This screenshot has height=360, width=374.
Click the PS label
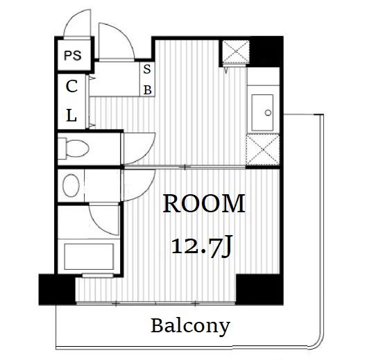[x=73, y=55]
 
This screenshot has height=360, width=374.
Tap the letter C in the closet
[x=71, y=86]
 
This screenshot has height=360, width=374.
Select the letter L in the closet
[x=71, y=115]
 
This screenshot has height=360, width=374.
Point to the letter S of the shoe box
[x=147, y=69]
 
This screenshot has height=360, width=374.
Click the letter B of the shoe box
[x=148, y=90]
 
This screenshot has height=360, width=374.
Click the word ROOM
[x=204, y=204]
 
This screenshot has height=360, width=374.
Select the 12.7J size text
[x=201, y=246]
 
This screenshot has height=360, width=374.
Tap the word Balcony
[x=190, y=327]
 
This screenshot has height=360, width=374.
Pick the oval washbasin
[x=71, y=185]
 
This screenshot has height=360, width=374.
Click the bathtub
[x=89, y=257]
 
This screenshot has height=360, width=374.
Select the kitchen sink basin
[x=262, y=112]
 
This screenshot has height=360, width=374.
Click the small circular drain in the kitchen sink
[x=268, y=113]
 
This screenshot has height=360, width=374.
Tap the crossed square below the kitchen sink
[x=262, y=150]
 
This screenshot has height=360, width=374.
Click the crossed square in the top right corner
[x=236, y=52]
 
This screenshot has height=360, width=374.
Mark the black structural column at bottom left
[x=57, y=289]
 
